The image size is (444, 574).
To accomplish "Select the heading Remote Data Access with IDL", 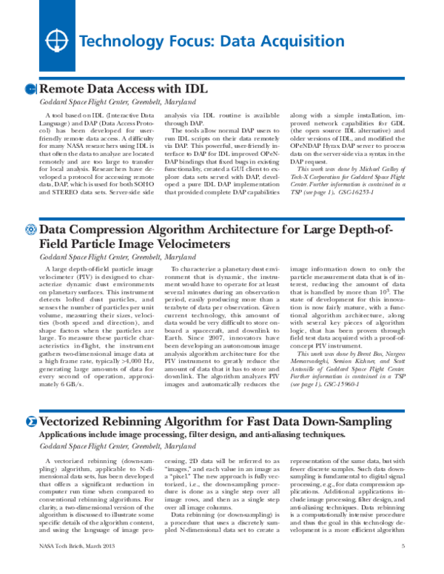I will [123, 89].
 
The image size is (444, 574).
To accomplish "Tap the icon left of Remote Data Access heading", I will [30, 89].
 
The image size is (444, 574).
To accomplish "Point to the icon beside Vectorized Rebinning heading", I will [30, 422].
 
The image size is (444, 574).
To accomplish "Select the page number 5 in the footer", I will [403, 567].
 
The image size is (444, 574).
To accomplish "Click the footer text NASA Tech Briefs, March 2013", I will [76, 567].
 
